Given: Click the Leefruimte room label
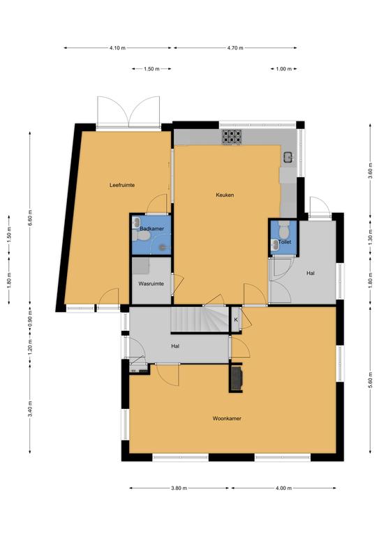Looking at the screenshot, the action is (122, 185).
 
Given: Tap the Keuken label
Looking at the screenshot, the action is (225, 195).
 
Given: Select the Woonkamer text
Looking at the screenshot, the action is (227, 419).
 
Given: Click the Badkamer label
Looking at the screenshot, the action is (151, 229).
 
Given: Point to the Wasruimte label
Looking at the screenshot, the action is (151, 284).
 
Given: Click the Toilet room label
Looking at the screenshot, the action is (285, 242).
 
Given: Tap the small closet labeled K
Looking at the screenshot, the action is (235, 320).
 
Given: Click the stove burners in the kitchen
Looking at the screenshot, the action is (232, 136).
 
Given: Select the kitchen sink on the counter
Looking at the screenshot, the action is (288, 157).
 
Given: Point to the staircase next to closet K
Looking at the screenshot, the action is (200, 320).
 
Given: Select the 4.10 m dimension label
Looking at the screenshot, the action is (117, 48).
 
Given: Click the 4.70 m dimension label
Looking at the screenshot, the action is (235, 48).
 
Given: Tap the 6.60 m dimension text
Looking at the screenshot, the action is (30, 218).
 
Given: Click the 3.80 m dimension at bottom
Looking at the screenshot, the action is (179, 488).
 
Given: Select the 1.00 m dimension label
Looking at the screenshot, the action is (283, 68).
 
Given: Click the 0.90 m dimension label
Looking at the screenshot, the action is (30, 318).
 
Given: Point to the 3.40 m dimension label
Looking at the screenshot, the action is (30, 409).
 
